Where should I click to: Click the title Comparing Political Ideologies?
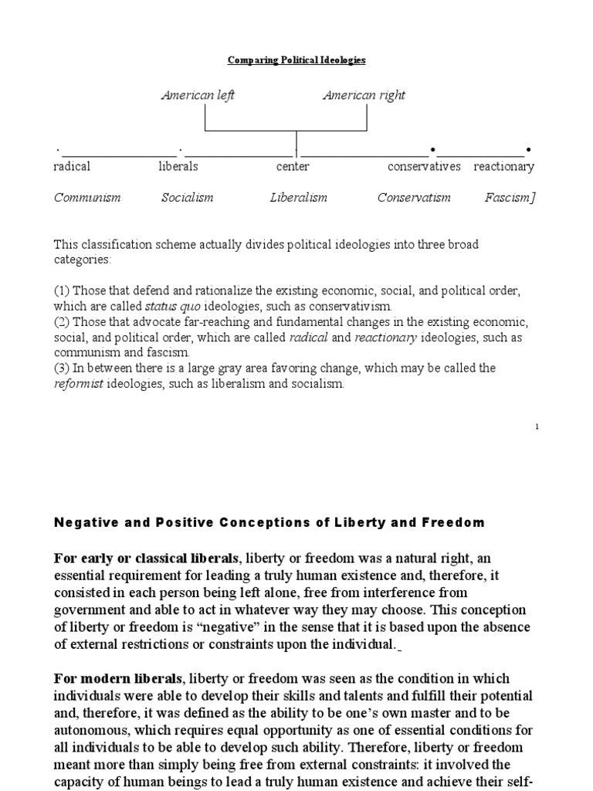click(x=296, y=59)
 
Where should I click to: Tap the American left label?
click(x=198, y=95)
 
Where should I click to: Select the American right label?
click(x=364, y=95)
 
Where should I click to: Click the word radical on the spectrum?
click(x=72, y=166)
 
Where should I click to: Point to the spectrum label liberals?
click(x=178, y=166)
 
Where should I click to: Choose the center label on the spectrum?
click(x=293, y=166)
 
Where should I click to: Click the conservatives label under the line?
click(x=424, y=166)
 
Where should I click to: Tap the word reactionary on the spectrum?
click(x=503, y=166)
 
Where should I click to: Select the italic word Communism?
click(x=87, y=197)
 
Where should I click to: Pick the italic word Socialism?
click(x=187, y=197)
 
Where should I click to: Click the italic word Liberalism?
click(x=298, y=197)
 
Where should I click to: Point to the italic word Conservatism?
click(x=414, y=197)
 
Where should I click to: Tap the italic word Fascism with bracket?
click(x=510, y=197)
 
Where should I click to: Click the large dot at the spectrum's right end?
click(x=528, y=148)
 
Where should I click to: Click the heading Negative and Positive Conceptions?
click(x=269, y=522)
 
